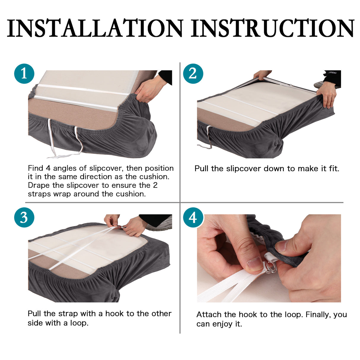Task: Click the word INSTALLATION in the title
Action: [x=95, y=28]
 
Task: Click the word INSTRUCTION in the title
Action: [x=273, y=28]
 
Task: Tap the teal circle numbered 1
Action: [x=24, y=74]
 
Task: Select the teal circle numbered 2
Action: [x=193, y=74]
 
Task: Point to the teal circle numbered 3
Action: [x=24, y=217]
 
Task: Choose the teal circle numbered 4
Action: [x=193, y=217]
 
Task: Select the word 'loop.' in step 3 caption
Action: [x=79, y=323]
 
